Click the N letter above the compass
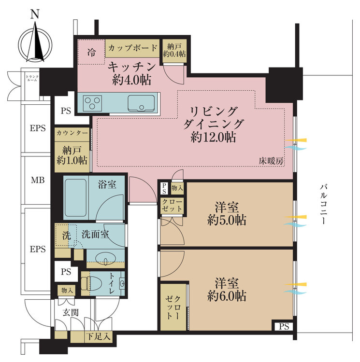(x=35, y=14)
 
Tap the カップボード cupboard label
(x=132, y=48)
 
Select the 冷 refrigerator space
(x=91, y=52)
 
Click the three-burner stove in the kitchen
(x=93, y=103)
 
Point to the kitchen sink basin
(x=141, y=103)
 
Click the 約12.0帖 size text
(x=213, y=137)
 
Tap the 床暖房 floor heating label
(x=271, y=161)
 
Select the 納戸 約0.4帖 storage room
(x=174, y=51)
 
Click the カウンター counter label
(x=72, y=133)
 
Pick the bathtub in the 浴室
(x=76, y=197)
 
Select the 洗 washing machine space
(x=66, y=235)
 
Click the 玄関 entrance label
(x=71, y=313)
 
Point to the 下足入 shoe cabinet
(x=99, y=336)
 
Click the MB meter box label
(x=38, y=180)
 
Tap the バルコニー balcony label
(x=323, y=204)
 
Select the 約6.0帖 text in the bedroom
(x=227, y=296)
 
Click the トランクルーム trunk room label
(x=32, y=78)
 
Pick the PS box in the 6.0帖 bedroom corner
(x=284, y=326)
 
